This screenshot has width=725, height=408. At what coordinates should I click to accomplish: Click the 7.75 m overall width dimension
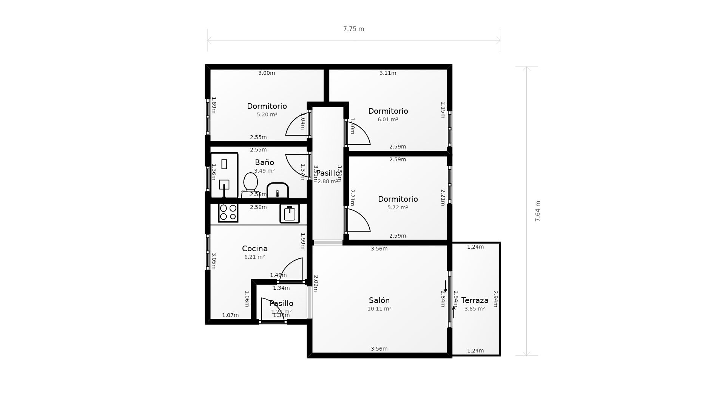(x=353, y=29)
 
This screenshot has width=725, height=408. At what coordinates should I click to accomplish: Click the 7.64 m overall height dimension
(x=538, y=211)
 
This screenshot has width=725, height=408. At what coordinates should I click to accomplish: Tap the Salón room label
(x=379, y=300)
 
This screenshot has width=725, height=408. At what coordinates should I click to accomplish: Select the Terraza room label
(x=475, y=300)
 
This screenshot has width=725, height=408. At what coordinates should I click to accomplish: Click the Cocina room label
(x=255, y=249)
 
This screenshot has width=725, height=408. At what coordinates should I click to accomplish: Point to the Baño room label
(x=264, y=162)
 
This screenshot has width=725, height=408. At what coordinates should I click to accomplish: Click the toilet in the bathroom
(x=250, y=183)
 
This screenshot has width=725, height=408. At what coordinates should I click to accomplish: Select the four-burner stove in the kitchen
(x=228, y=212)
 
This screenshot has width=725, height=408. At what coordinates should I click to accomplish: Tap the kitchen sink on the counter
(x=290, y=213)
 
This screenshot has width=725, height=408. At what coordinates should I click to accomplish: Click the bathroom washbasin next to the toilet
(x=278, y=191)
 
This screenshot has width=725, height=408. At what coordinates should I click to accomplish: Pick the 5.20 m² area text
(x=267, y=114)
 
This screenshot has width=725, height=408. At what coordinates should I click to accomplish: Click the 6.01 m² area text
(x=388, y=119)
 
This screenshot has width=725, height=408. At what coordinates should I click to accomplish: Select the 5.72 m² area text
(x=398, y=207)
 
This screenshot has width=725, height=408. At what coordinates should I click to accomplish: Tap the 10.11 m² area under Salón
(x=379, y=309)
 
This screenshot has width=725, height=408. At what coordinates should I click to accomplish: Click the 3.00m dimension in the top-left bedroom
(x=267, y=73)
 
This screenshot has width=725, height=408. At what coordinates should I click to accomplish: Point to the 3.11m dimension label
(x=388, y=73)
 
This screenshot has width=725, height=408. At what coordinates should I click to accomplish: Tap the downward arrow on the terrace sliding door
(x=446, y=287)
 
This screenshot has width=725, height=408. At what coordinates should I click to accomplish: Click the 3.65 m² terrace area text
(x=475, y=309)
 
